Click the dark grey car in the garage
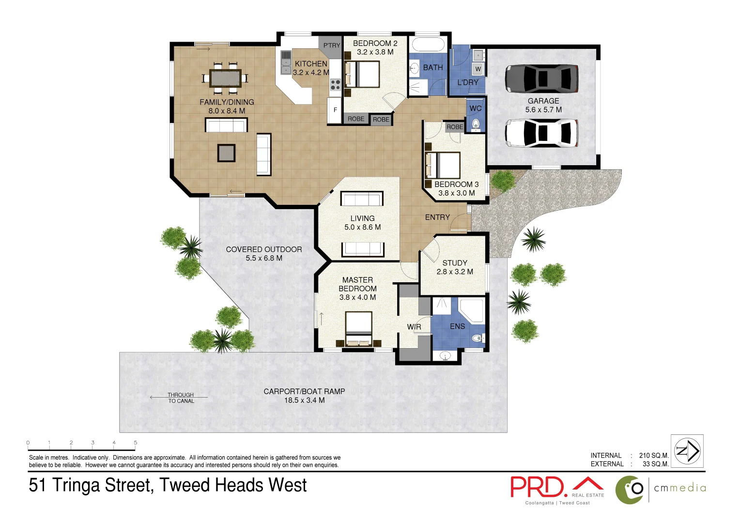click(541, 78)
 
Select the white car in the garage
click(541, 133)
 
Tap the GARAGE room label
click(543, 101)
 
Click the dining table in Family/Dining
click(225, 78)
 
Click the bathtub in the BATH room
click(428, 45)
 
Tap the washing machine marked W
click(478, 69)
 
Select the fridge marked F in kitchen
click(335, 110)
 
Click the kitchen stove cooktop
click(335, 85)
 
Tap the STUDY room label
click(455, 263)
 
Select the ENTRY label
click(437, 217)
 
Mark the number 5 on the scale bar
click(136, 443)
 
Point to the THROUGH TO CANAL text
click(181, 398)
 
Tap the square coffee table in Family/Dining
click(226, 153)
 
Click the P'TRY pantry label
click(332, 46)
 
